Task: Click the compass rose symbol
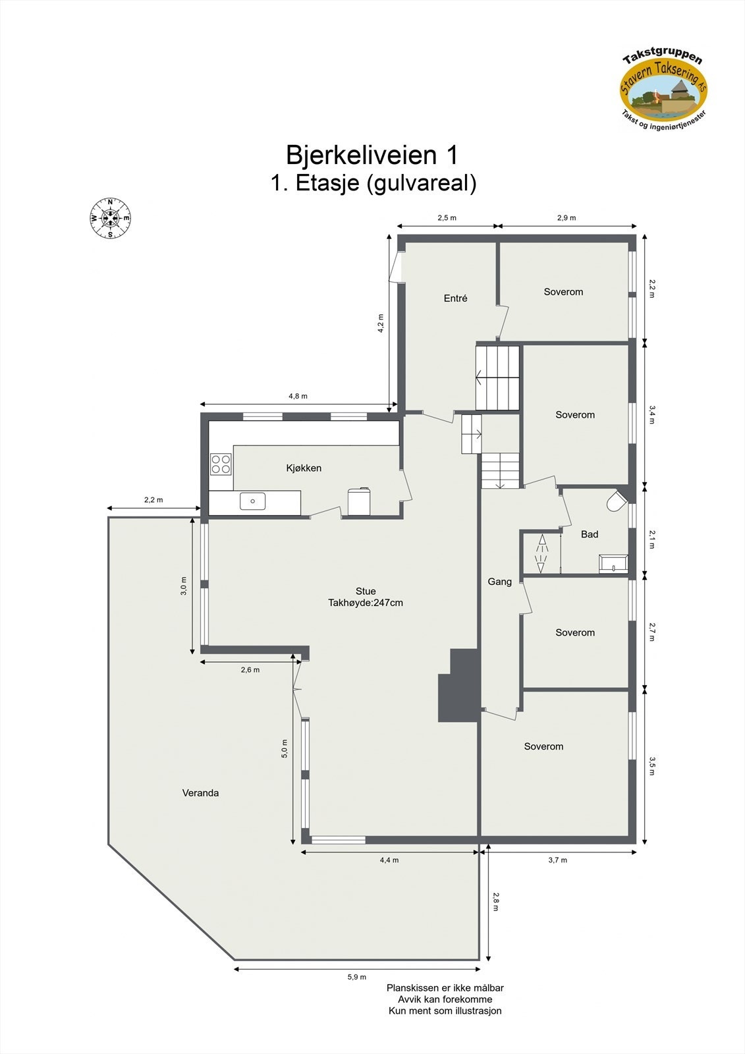coord(110,218)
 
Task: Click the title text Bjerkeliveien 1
coord(372,155)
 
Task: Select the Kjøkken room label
coord(304,468)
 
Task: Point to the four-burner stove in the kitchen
coord(221,464)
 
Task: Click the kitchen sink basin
coord(252,501)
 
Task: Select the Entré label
coord(455,298)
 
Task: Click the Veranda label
coord(200,792)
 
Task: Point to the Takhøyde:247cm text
coord(366,602)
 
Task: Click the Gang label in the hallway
coord(499,581)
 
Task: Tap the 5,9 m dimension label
coord(356,977)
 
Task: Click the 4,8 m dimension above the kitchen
coord(298,396)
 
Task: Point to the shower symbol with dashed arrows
coord(541,554)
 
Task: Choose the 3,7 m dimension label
coord(557,860)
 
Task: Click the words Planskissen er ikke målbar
coord(445,987)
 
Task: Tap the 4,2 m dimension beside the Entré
coord(380,323)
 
